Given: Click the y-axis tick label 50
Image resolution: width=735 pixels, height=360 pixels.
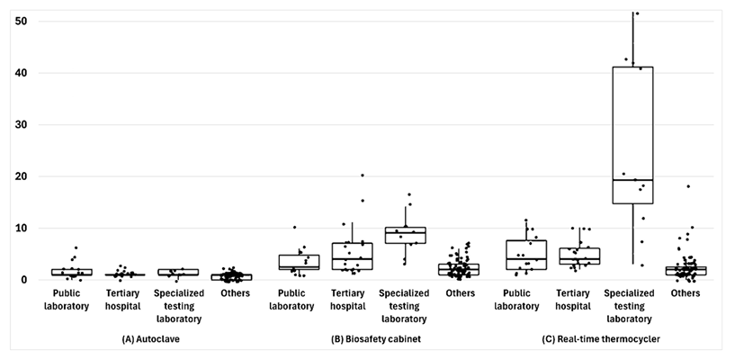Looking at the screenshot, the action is point(21,22).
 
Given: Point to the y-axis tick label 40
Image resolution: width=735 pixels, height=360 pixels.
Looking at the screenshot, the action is point(21,73).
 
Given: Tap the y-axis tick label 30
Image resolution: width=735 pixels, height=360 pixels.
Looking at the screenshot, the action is point(21,125).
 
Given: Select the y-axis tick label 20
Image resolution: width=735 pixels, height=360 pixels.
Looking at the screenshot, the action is point(21,176).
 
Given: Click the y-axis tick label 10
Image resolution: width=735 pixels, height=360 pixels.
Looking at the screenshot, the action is point(21,229).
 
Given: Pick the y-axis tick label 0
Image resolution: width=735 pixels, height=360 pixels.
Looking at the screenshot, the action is point(24,280).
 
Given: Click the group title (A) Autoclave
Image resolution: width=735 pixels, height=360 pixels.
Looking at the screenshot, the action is point(150,340).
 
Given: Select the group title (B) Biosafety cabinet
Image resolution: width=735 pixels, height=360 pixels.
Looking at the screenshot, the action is point(376,340).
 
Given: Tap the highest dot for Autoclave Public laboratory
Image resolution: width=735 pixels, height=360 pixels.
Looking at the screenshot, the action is point(76,247).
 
